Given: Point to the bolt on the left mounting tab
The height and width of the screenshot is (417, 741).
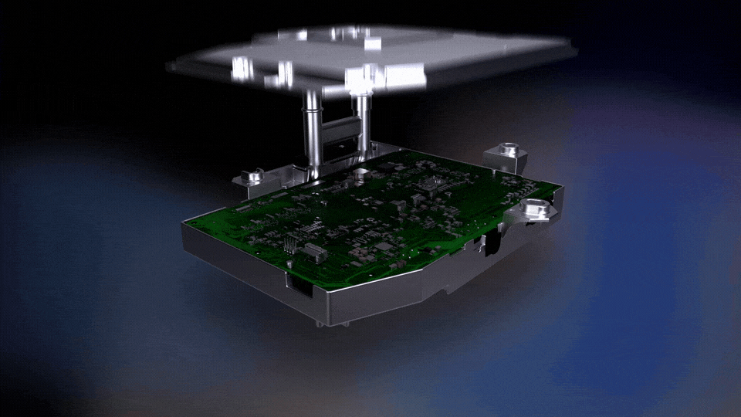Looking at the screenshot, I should point(252,178).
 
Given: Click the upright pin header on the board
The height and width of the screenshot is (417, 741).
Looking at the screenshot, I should point(289,243).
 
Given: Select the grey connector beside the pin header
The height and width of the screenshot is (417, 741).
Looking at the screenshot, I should point(312,250).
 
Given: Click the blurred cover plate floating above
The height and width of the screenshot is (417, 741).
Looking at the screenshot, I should point(370,58).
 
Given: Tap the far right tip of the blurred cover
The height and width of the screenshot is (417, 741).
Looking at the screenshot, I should point(574,51).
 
